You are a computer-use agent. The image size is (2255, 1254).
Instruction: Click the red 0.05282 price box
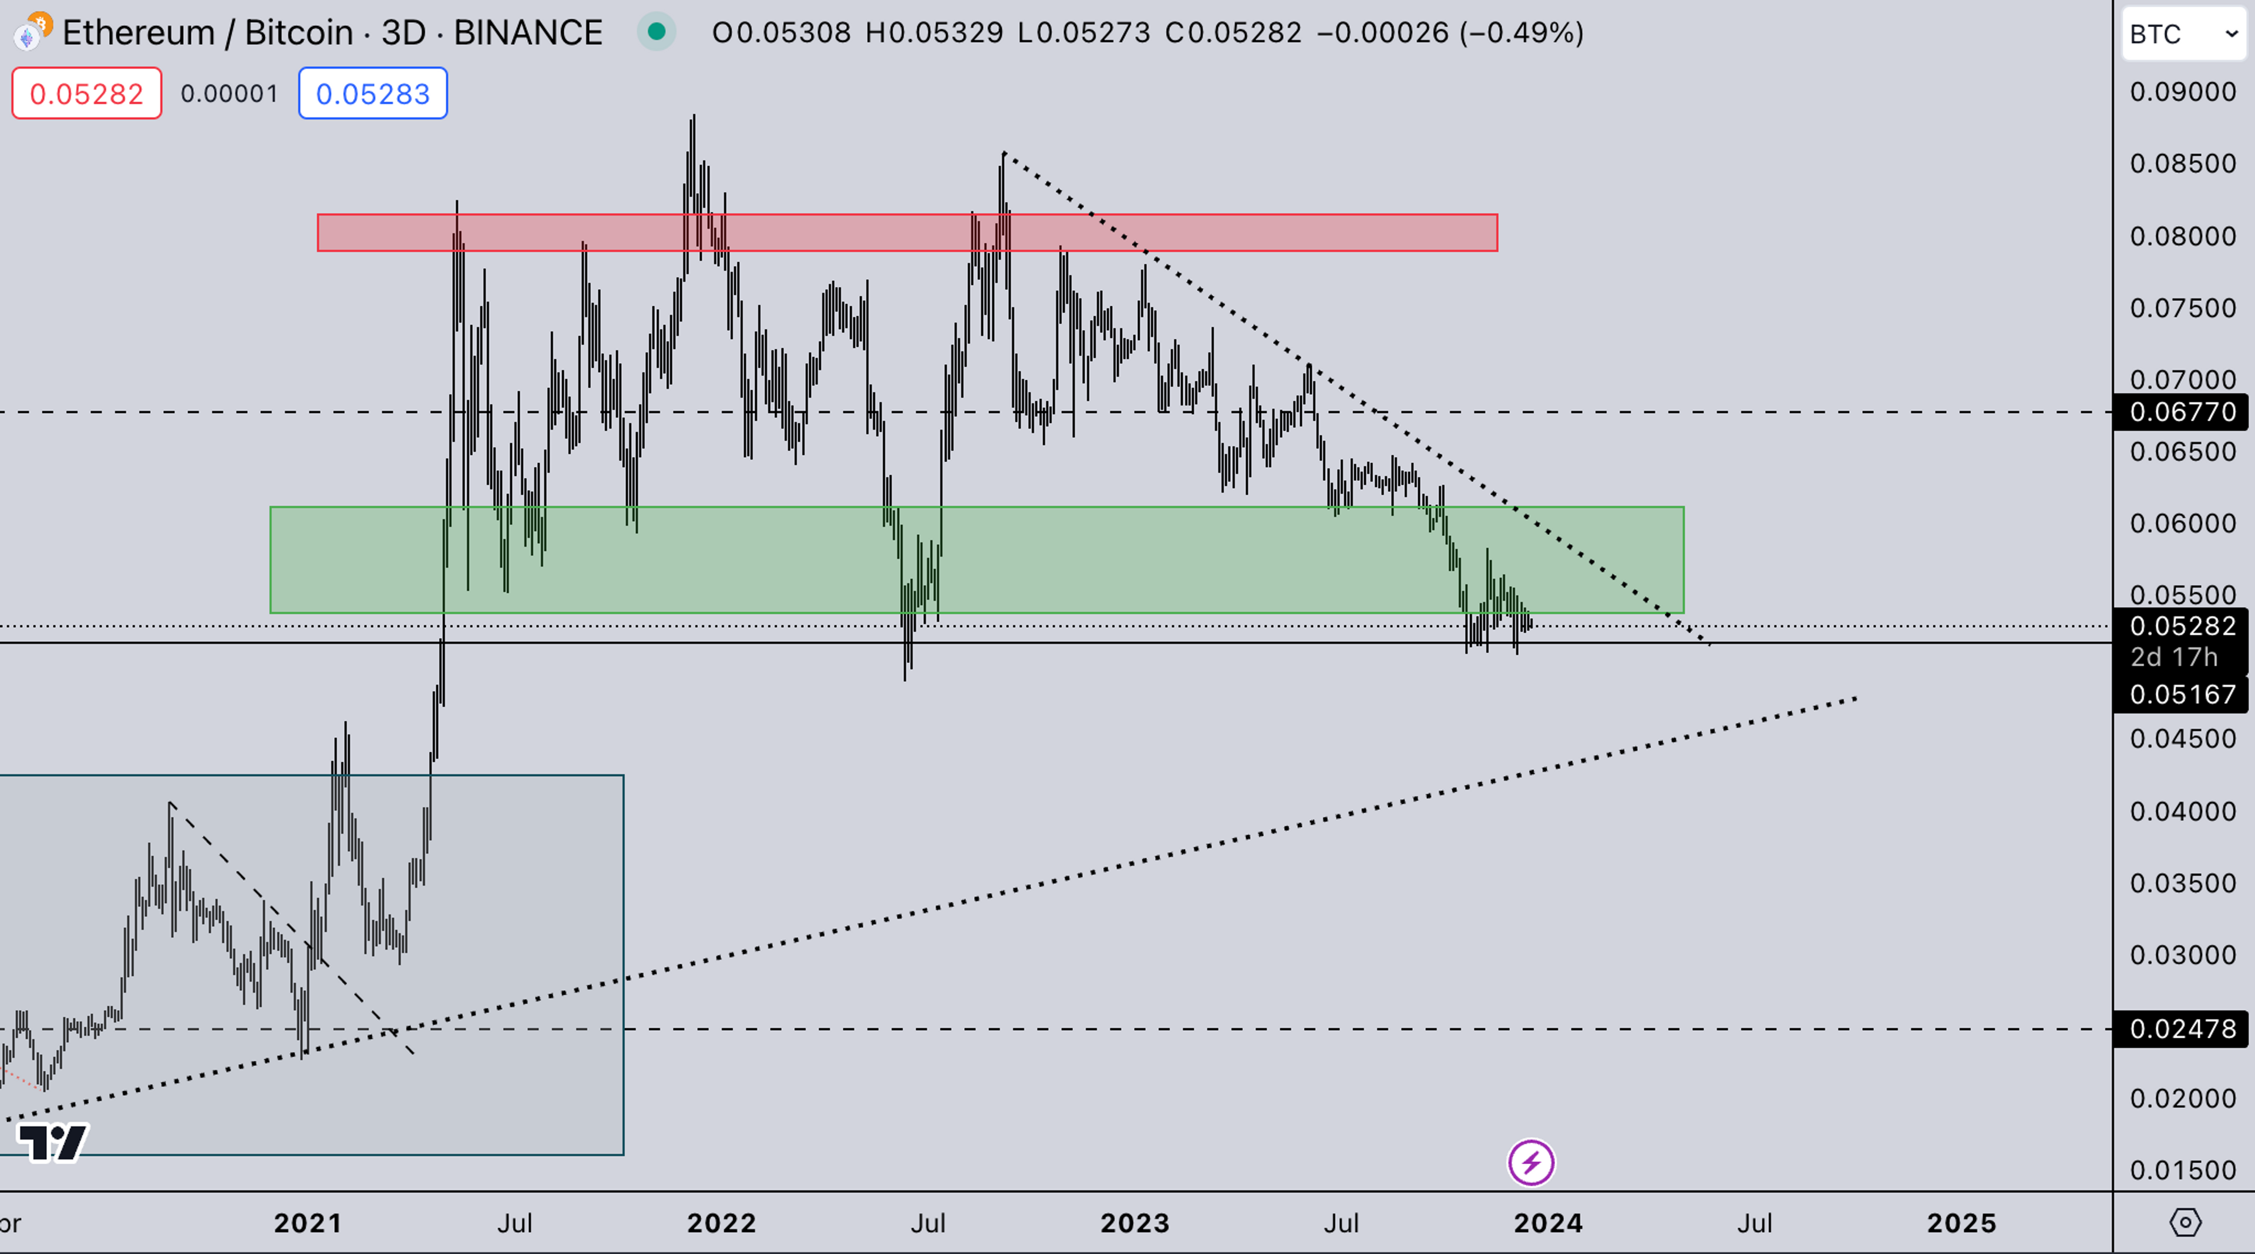point(86,93)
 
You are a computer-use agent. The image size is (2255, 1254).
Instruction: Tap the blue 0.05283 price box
point(372,93)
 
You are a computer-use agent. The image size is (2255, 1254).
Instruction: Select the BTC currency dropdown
point(2183,34)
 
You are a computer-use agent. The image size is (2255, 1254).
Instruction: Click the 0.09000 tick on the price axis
point(2182,92)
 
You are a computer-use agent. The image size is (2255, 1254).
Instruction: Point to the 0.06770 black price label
point(2182,411)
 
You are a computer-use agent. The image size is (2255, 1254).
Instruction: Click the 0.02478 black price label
point(2182,1029)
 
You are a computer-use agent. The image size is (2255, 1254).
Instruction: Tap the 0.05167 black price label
point(2182,695)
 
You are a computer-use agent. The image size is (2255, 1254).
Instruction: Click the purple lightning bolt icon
point(1530,1163)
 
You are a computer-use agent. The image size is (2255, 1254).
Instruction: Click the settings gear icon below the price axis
point(2185,1222)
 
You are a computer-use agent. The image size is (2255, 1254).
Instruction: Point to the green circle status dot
point(656,32)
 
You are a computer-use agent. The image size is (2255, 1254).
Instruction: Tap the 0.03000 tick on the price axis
point(2182,954)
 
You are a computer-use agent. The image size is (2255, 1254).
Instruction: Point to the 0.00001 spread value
point(230,93)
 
